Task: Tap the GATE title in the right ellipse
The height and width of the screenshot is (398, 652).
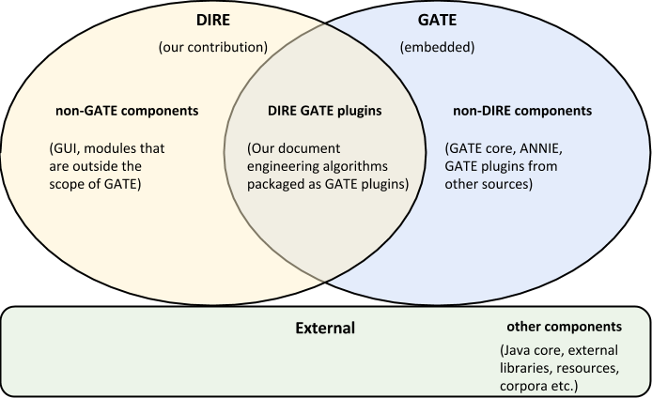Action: (x=435, y=19)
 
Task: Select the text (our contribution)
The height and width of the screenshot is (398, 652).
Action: (x=213, y=45)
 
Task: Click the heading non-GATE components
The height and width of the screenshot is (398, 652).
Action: (x=127, y=111)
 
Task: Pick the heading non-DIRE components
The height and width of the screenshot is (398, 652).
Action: (x=520, y=111)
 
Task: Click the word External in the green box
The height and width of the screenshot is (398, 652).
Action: (x=325, y=329)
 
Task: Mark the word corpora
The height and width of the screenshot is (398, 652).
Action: (x=524, y=384)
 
